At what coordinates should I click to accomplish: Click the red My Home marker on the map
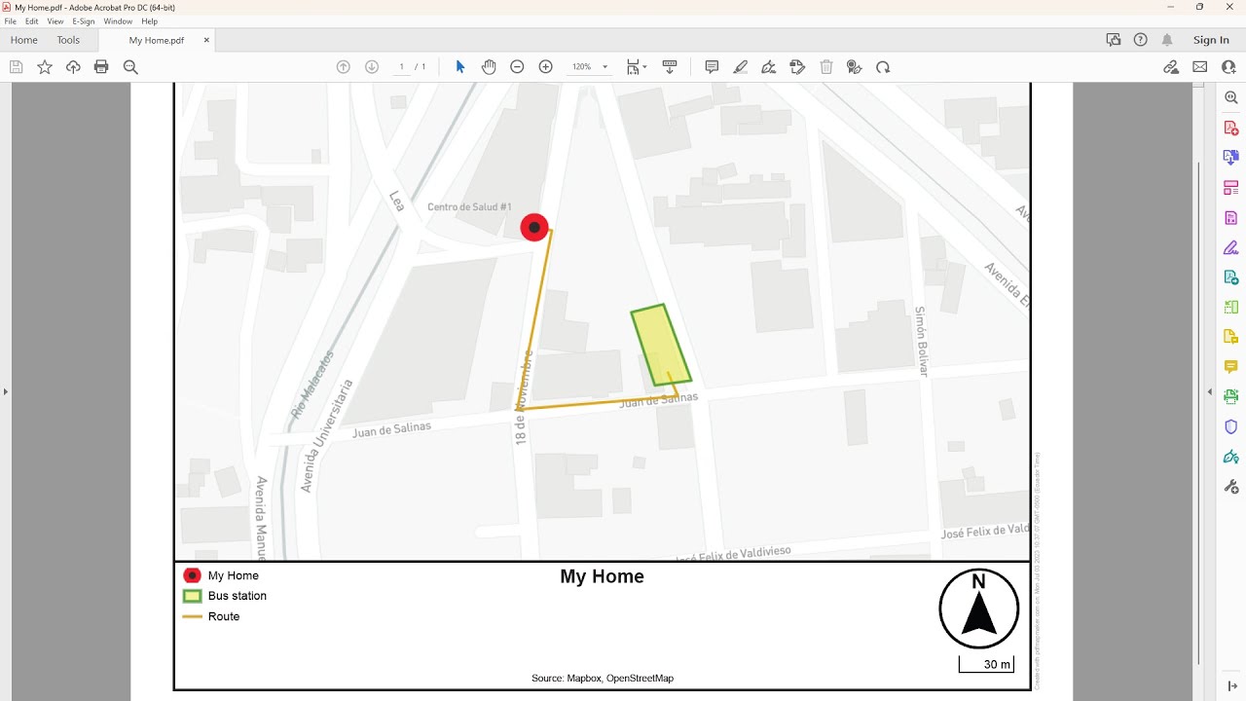click(534, 228)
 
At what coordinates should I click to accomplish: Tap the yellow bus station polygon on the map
click(661, 346)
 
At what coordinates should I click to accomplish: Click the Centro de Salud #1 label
click(469, 207)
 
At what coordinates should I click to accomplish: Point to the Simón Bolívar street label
click(921, 341)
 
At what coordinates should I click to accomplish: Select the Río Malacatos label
click(312, 385)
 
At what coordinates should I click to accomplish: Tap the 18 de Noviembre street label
click(525, 398)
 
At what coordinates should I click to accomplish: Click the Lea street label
click(396, 201)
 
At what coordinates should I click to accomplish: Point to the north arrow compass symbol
click(978, 609)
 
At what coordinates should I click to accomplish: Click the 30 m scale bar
click(986, 664)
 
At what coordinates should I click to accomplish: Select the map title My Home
click(602, 576)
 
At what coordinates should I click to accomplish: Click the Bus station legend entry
click(237, 596)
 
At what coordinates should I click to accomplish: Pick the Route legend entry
click(223, 616)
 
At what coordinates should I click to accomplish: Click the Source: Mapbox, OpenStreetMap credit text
click(602, 678)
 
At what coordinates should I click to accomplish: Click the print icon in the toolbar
click(101, 67)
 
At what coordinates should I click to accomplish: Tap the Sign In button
click(1211, 40)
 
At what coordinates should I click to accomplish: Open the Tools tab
click(68, 40)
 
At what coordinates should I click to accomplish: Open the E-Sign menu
click(83, 21)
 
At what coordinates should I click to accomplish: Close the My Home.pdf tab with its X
click(206, 40)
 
